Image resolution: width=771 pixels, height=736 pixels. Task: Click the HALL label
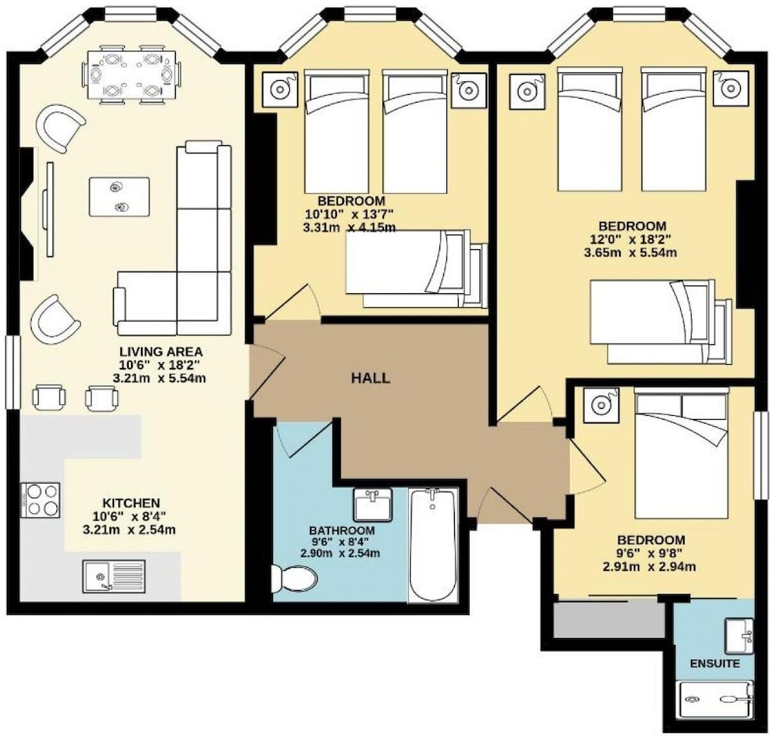click(x=371, y=378)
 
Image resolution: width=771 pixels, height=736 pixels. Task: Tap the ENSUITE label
click(x=715, y=663)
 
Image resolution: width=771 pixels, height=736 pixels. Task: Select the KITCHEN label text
click(x=131, y=503)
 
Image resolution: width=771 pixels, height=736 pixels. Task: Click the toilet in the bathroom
click(x=295, y=578)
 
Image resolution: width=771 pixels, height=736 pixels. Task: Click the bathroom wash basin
click(x=372, y=505)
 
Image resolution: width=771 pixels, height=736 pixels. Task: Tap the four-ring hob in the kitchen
click(x=40, y=500)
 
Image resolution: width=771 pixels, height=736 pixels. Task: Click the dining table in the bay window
click(x=133, y=74)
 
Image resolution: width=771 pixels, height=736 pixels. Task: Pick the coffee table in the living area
click(x=119, y=197)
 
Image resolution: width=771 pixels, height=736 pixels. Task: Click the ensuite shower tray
click(x=716, y=700)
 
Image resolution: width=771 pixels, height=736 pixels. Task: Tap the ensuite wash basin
click(x=739, y=636)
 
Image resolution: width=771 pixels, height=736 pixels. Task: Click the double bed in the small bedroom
click(x=681, y=453)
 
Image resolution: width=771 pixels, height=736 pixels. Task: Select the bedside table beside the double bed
click(x=600, y=405)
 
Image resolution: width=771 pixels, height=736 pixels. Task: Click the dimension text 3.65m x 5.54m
click(x=630, y=253)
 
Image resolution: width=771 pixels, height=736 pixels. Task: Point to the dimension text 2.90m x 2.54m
click(x=340, y=553)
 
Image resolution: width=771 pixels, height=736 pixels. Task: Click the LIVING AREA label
click(x=161, y=352)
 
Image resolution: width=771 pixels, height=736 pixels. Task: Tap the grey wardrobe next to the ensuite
click(x=609, y=620)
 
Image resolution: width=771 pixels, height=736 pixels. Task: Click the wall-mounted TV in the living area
click(x=49, y=210)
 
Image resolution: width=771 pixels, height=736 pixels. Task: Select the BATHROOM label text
click(x=342, y=531)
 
